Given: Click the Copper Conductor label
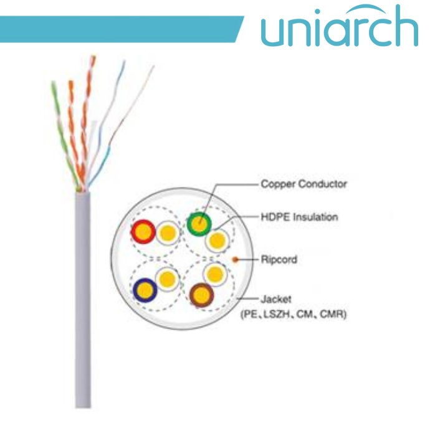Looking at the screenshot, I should click(x=303, y=184).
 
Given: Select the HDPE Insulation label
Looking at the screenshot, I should click(x=299, y=217).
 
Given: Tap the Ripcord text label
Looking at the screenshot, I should click(x=279, y=259).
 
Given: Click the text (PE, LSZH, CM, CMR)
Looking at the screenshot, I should click(x=294, y=315).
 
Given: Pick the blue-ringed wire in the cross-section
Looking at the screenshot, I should click(x=145, y=289).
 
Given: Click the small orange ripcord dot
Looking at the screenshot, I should click(x=235, y=258).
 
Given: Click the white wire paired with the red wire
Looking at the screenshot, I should click(x=167, y=234).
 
